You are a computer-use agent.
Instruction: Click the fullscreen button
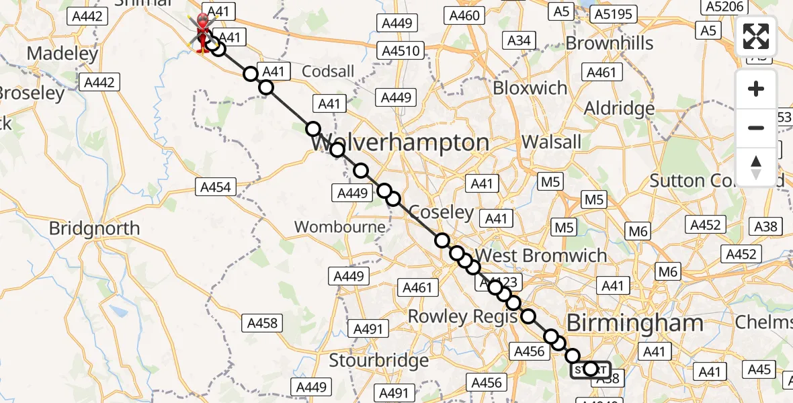coord(756,36)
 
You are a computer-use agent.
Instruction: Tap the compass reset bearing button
coord(756,167)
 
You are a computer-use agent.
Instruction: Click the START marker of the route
coord(591,369)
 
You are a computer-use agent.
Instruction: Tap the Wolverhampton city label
coord(400,143)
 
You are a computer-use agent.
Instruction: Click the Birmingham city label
coord(635,323)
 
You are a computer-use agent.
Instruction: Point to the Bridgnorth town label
coord(94,228)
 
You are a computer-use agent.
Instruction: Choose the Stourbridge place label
coord(378,361)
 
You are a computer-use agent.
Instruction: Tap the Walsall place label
coord(551,142)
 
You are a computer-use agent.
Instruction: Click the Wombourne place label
coord(340,227)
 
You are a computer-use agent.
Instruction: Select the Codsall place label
coord(328,71)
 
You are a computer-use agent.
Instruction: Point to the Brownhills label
coord(610,44)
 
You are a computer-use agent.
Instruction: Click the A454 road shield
coord(216,187)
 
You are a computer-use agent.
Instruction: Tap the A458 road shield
coord(262,324)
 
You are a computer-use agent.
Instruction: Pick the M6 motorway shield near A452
coord(638,232)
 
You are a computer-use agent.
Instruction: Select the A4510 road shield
coord(401,51)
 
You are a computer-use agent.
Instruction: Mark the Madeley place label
coord(62,53)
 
